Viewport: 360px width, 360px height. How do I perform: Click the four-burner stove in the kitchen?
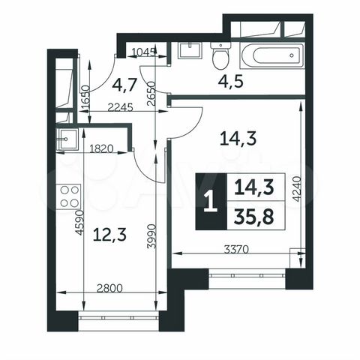point(68,196)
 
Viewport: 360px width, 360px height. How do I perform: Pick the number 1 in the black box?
point(209,201)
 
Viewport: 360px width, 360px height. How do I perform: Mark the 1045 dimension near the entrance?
point(144,52)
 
